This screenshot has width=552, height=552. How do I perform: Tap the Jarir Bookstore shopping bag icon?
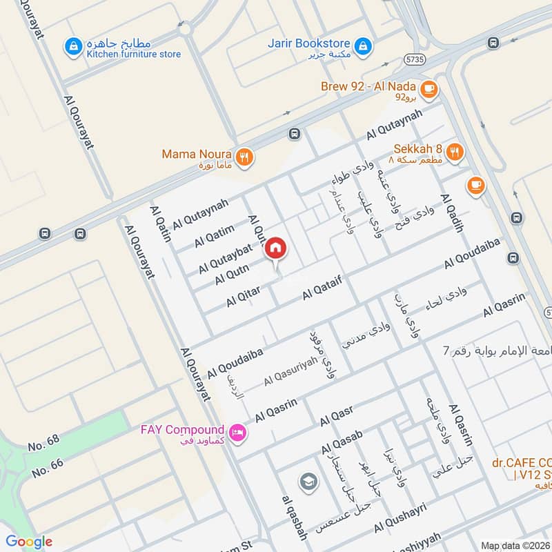364,47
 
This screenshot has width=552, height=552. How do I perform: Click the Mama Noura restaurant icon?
244,157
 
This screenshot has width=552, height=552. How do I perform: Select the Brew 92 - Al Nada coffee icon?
429,88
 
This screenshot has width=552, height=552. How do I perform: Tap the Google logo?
29,542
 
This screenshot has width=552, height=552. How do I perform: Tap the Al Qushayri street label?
400,517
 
